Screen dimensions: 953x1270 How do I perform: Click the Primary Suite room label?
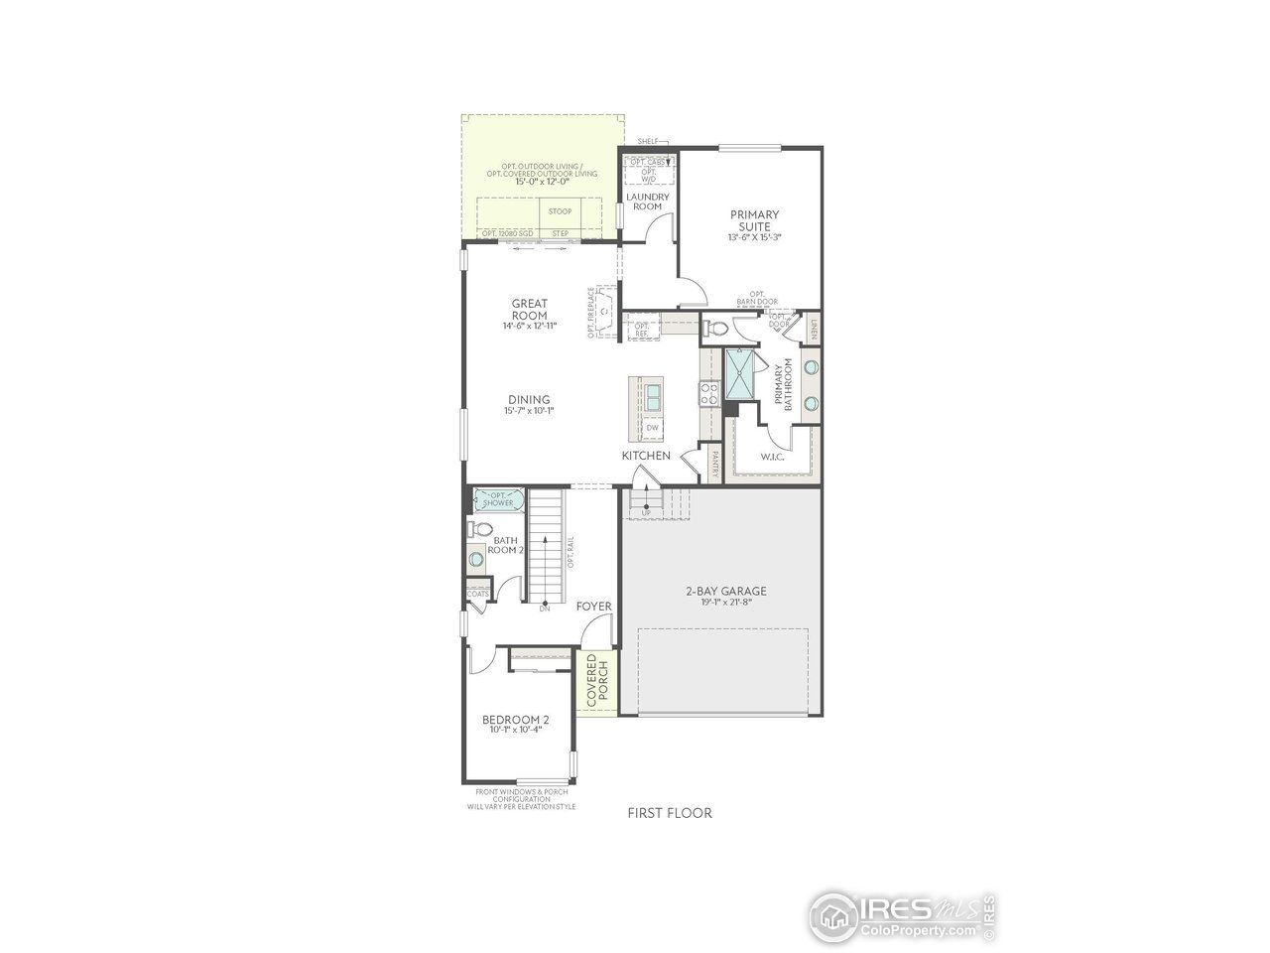pyautogui.click(x=754, y=219)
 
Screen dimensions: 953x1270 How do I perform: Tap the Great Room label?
pyautogui.click(x=530, y=310)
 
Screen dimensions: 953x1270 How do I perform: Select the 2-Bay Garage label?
pyautogui.click(x=726, y=591)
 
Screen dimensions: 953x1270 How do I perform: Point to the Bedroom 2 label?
pyautogui.click(x=516, y=720)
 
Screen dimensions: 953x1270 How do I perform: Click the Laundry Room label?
pyautogui.click(x=648, y=202)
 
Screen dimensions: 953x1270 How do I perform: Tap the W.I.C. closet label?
pyautogui.click(x=773, y=457)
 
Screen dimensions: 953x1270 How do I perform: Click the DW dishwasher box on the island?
pyautogui.click(x=652, y=428)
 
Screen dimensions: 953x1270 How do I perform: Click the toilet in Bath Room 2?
pyautogui.click(x=480, y=529)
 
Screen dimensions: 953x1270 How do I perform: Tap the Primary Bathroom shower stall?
pyautogui.click(x=739, y=372)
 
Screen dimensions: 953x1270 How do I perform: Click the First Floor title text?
pyautogui.click(x=670, y=813)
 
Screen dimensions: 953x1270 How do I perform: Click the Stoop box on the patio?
pyautogui.click(x=561, y=211)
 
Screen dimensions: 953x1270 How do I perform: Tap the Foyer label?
pyautogui.click(x=593, y=607)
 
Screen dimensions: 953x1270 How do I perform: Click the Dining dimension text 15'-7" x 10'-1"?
pyautogui.click(x=527, y=411)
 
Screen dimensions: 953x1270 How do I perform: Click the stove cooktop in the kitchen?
pyautogui.click(x=709, y=394)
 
